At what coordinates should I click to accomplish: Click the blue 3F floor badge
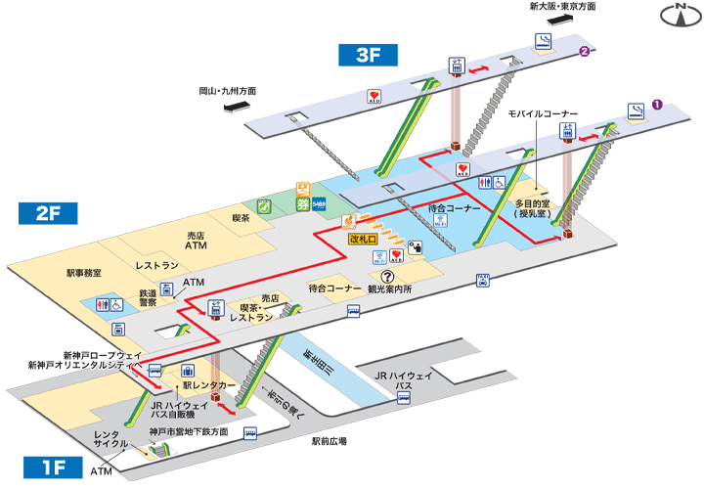pyautogui.click(x=368, y=55)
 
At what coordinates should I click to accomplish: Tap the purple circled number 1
pyautogui.click(x=658, y=102)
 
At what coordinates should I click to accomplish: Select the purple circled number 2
pyautogui.click(x=584, y=52)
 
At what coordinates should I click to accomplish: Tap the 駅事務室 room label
pyautogui.click(x=84, y=273)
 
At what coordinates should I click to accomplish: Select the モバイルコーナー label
pyautogui.click(x=543, y=114)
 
